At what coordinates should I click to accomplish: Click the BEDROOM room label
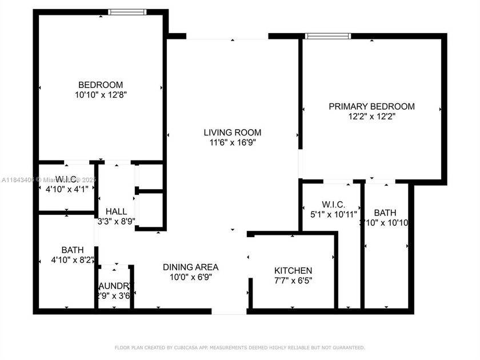point(101,85)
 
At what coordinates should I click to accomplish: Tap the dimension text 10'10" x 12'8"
point(101,95)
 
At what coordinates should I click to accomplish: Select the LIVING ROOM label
point(233,133)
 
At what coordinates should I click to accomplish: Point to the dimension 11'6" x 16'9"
point(233,143)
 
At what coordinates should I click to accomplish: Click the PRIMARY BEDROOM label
point(371,106)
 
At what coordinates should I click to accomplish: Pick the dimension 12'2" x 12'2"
point(371,117)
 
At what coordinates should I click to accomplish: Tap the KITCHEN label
point(293,270)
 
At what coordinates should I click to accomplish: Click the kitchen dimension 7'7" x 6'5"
point(293,281)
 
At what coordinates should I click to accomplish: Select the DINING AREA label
point(191,267)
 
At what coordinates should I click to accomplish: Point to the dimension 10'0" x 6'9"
point(191,277)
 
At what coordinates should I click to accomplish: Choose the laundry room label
point(116,286)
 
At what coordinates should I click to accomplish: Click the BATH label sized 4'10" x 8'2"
point(73,250)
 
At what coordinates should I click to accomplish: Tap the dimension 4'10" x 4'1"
point(67,189)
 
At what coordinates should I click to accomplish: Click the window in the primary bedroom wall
point(328,36)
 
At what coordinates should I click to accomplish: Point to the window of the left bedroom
point(128,11)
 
